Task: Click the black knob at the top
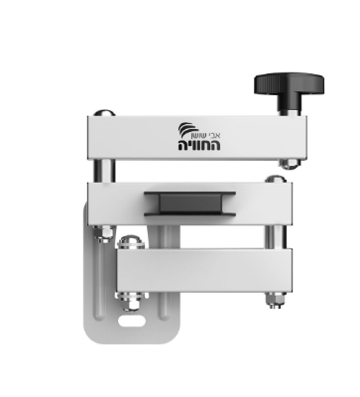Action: click(x=289, y=84)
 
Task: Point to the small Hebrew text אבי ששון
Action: click(x=206, y=136)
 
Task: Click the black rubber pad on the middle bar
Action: click(x=189, y=203)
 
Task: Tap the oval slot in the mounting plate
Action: click(x=132, y=321)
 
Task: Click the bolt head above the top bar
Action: click(x=104, y=113)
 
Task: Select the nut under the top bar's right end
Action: click(x=290, y=164)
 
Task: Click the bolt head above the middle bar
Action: click(x=275, y=179)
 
